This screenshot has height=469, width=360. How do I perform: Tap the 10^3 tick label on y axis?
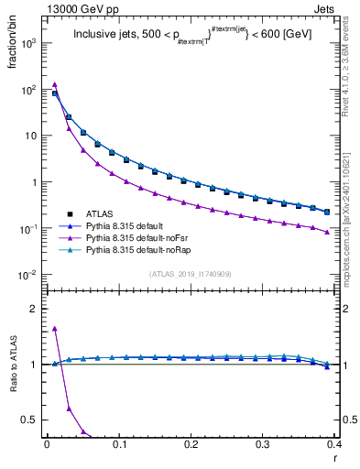[27, 43]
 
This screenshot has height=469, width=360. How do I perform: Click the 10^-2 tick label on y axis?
[27, 275]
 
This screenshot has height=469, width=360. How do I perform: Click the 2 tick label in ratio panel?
[37, 309]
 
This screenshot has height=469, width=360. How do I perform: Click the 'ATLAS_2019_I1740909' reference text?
[191, 274]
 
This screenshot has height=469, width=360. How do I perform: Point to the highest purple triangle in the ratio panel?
[55, 328]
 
